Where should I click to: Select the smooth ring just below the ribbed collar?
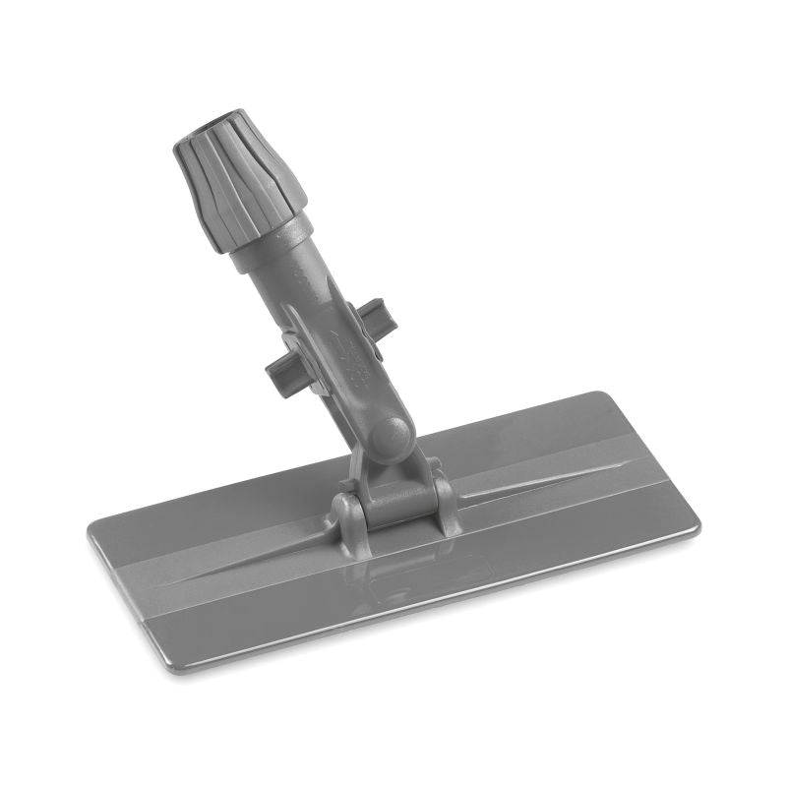271,244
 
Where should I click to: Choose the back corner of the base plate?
600,394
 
